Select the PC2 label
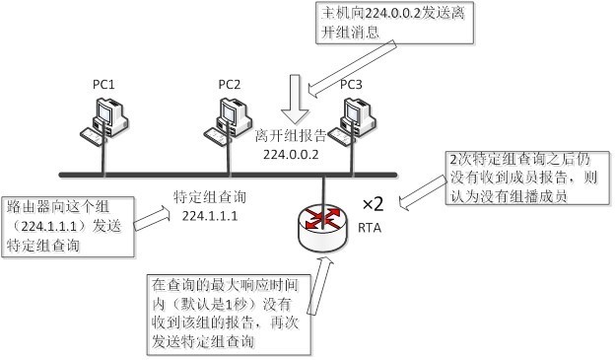tap(230, 85)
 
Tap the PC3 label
tap(351, 85)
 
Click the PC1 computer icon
tap(103, 117)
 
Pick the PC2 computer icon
tap(226, 117)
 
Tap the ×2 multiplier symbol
tap(374, 204)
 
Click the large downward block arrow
tap(292, 100)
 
